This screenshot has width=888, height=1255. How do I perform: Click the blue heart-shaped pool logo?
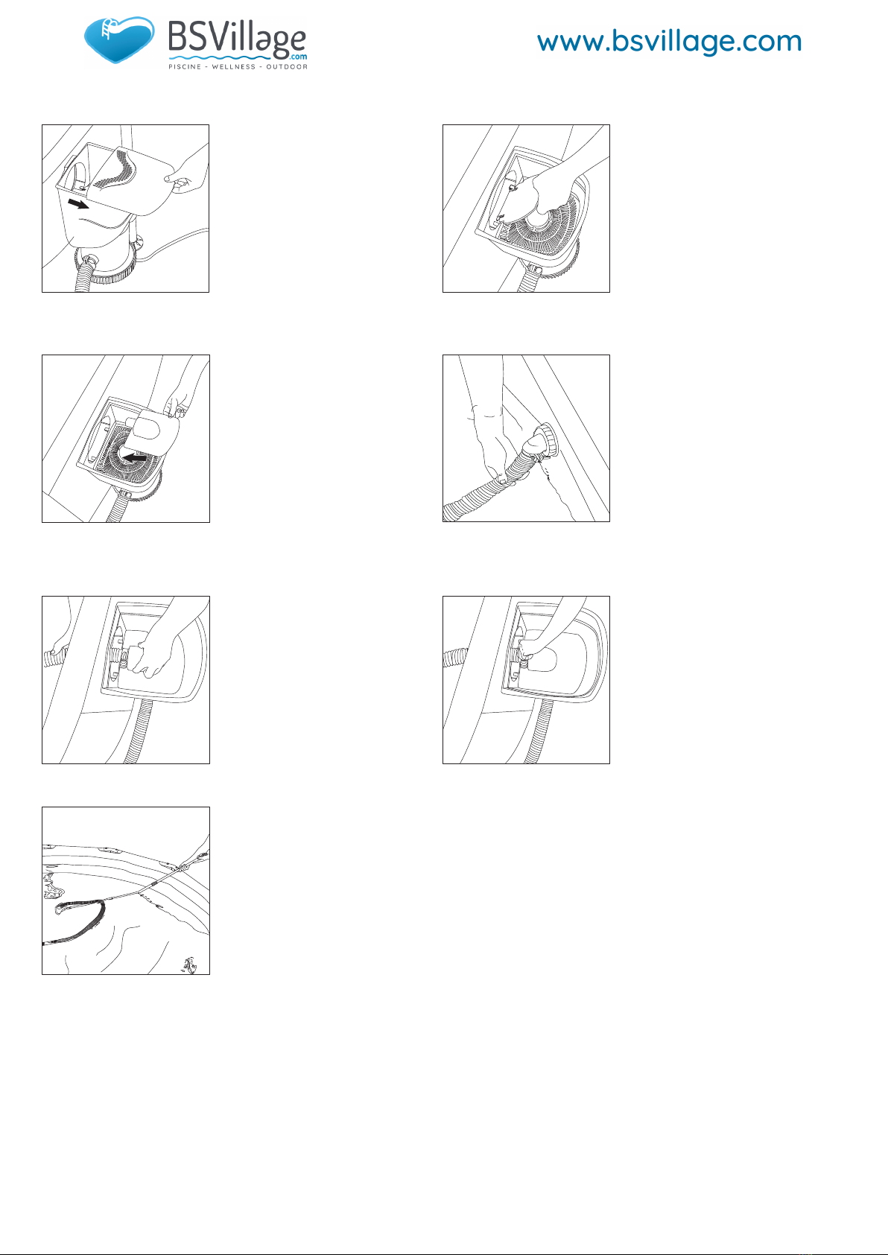coord(119,39)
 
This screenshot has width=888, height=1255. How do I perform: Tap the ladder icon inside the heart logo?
coord(107,28)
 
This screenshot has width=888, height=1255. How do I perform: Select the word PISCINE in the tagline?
coord(185,67)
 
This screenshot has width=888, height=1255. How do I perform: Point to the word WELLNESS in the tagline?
coord(234,67)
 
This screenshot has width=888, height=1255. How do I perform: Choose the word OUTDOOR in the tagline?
coord(287,67)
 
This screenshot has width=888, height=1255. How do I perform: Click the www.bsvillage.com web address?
coord(670,42)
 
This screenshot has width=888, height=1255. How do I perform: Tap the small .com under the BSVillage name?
coord(299,57)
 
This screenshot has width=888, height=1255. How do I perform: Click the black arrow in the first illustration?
coord(78,203)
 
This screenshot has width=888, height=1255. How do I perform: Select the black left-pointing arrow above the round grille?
coord(134,458)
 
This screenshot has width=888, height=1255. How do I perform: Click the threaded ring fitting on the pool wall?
coord(545,442)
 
